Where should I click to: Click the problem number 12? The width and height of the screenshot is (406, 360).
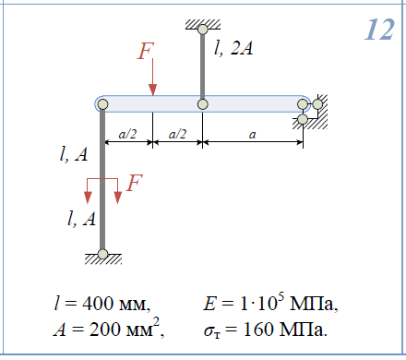click(x=379, y=30)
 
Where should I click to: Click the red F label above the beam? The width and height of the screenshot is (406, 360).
click(x=145, y=51)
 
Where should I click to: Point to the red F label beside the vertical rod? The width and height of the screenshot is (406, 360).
click(x=135, y=183)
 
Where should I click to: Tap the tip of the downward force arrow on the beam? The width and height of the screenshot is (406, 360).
click(x=152, y=96)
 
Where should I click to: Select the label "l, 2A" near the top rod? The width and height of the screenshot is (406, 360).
click(x=233, y=48)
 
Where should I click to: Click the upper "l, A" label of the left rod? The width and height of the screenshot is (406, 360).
click(x=74, y=154)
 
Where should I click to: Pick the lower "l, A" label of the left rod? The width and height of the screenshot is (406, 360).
click(x=81, y=219)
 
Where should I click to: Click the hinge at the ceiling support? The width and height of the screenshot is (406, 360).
click(x=203, y=30)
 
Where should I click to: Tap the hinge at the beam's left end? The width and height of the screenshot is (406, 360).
click(x=102, y=104)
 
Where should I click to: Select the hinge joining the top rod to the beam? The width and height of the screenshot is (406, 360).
click(x=202, y=104)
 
